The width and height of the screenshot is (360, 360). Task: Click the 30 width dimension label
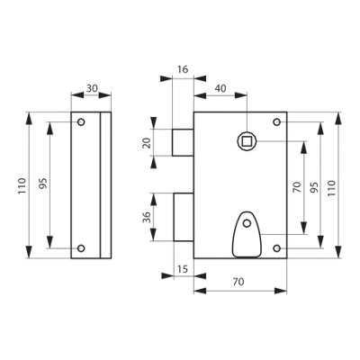pos(92,88)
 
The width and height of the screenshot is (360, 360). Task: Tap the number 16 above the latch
pos(183,69)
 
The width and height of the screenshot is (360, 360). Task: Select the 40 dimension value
pos(220,88)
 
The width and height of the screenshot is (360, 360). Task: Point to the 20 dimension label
pos(147,143)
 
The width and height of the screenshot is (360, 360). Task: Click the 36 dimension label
pos(147,217)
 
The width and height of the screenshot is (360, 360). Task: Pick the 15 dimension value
pos(183,269)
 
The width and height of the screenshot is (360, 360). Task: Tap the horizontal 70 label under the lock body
pos(238,282)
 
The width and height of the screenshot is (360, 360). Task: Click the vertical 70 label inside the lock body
pos(297,187)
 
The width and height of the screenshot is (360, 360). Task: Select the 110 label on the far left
pos(22,185)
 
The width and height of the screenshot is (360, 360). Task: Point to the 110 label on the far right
pos(331,188)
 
